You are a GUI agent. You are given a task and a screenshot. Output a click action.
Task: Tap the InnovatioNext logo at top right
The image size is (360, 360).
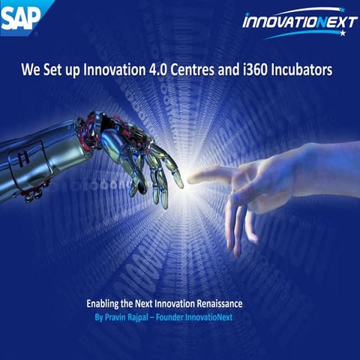299,22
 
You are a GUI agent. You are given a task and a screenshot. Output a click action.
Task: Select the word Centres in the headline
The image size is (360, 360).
197,71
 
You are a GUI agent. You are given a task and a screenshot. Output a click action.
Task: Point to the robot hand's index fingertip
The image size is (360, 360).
178,182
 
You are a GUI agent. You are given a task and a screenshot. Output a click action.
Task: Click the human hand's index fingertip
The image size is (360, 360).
192,178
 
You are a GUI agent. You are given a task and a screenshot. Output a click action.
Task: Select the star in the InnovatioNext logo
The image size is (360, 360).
343,33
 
